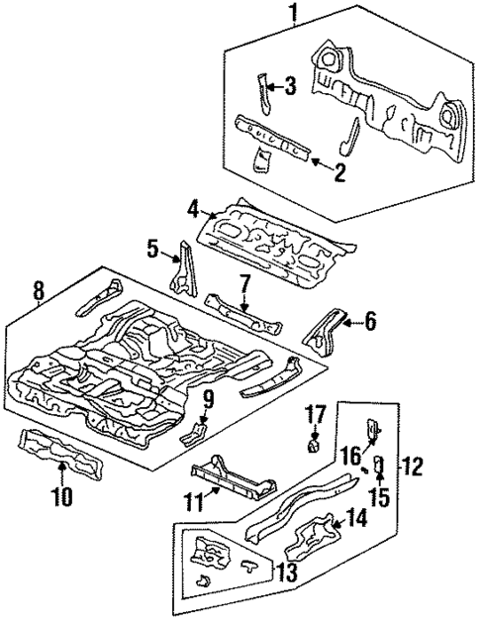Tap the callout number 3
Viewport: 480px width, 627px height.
point(291,87)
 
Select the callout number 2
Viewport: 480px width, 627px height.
point(339,174)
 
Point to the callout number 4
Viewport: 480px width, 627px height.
point(194,208)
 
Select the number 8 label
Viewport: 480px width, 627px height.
point(38,291)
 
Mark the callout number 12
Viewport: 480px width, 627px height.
point(417,464)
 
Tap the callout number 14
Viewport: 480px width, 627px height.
point(356,518)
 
